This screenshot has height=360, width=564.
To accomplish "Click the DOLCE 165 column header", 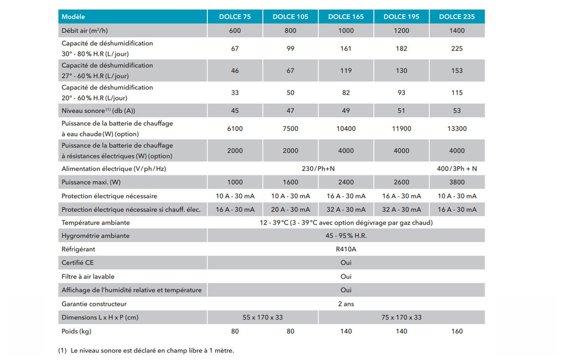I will pos(346,17).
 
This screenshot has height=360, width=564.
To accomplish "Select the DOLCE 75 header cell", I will pos(235,17).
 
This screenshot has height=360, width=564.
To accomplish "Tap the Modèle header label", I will pos(74,17).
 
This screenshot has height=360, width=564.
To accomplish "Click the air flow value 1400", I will pos(457,30).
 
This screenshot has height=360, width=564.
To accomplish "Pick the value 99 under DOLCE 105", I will pos(290,48).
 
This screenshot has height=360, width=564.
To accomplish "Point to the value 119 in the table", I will pos(346,71).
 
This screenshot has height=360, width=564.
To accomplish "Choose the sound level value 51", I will pos(401,111).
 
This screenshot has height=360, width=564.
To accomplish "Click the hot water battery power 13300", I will pos(457,129).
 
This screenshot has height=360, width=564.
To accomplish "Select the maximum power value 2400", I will pos(346,182).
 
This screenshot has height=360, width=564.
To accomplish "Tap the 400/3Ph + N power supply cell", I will pos(457,169).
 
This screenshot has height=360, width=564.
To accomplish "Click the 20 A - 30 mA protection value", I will pos(290,209).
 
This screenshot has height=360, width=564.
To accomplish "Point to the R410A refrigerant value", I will pos(346,249).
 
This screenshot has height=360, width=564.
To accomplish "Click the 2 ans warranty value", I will pos(346,304).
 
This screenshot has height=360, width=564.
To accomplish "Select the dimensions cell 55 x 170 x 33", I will pos(263,317).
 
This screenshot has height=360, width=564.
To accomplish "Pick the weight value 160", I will pos(457,331).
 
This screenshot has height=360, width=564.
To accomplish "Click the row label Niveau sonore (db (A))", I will pos(98,111).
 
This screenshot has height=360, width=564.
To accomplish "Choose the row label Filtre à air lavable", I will pos(88,276).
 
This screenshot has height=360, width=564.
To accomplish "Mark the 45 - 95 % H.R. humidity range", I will pos(346,236).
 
